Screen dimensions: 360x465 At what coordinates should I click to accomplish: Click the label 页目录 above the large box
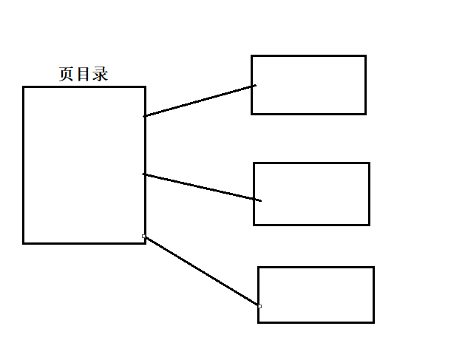click(84, 75)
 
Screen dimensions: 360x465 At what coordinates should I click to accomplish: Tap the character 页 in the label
click(67, 75)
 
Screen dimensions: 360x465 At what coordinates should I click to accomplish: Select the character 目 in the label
click(84, 75)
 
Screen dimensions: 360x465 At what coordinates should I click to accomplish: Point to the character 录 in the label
click(101, 75)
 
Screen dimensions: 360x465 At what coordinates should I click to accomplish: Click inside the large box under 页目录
click(84, 164)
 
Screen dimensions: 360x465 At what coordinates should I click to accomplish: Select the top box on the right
click(308, 84)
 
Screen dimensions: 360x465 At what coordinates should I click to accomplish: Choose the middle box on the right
click(311, 194)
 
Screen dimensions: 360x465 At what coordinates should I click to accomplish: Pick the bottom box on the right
click(316, 294)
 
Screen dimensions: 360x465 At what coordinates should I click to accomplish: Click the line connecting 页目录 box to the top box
click(200, 101)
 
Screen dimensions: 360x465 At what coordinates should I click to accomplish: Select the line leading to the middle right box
click(201, 187)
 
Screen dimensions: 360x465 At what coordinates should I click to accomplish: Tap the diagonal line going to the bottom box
click(201, 271)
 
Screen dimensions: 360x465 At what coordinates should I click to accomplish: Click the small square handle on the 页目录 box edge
click(144, 237)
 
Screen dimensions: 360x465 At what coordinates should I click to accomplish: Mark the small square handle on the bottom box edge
click(259, 305)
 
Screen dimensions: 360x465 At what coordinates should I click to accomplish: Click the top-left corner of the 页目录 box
click(24, 87)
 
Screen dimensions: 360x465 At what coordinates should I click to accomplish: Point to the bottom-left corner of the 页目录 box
click(24, 242)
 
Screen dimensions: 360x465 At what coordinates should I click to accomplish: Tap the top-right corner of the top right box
click(365, 55)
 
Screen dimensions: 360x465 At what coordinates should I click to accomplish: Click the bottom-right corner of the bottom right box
click(373, 322)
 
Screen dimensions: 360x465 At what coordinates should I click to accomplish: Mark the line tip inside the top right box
click(255, 86)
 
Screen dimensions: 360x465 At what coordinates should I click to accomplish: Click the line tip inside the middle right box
click(260, 200)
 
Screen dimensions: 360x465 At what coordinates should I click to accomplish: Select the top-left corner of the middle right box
click(254, 163)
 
